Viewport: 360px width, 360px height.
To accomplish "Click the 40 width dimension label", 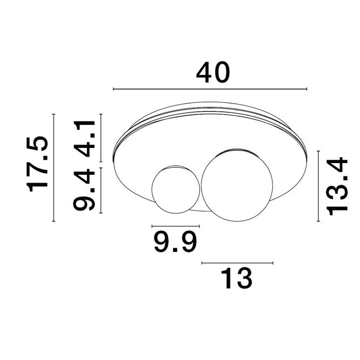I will (213, 73).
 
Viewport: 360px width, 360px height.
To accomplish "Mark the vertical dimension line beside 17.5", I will (55, 167).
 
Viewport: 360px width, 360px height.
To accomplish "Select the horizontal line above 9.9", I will (176, 226).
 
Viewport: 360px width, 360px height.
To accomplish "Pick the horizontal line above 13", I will (237, 263).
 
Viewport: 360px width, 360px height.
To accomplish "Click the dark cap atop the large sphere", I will (236, 149).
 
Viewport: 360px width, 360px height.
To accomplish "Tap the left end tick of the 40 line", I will (113, 89).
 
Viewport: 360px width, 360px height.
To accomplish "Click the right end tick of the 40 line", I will (307, 89).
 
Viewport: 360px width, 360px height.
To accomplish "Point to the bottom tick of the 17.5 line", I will (55, 221).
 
